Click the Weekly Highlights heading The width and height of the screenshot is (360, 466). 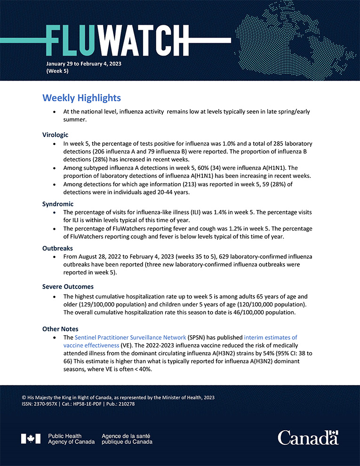(81, 98)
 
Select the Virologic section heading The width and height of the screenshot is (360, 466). (56, 135)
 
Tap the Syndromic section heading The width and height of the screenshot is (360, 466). (58, 204)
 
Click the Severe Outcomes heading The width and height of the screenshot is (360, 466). (68, 287)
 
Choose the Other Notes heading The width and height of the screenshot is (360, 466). (60, 329)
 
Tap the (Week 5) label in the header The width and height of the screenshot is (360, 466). (57, 71)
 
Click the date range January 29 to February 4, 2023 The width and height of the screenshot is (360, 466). (84, 63)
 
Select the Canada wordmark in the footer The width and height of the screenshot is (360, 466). (308, 438)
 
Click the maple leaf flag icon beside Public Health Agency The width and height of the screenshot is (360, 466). (31, 439)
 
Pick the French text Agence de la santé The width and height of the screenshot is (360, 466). (127, 436)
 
